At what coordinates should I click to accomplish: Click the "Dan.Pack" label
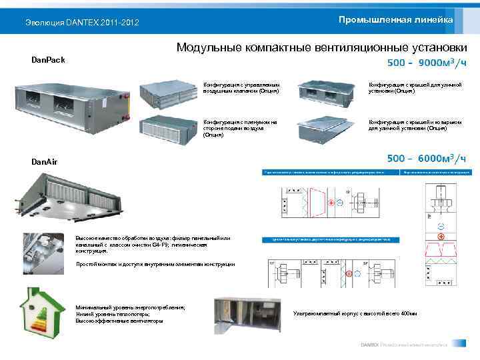point(49,60)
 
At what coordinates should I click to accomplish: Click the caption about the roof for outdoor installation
point(407,87)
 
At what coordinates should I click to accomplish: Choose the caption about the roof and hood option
point(407,125)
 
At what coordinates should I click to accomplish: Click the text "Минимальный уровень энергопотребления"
point(131,307)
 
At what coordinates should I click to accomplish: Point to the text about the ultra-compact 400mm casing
point(355,314)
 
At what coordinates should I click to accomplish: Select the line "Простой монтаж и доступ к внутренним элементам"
point(155,265)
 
